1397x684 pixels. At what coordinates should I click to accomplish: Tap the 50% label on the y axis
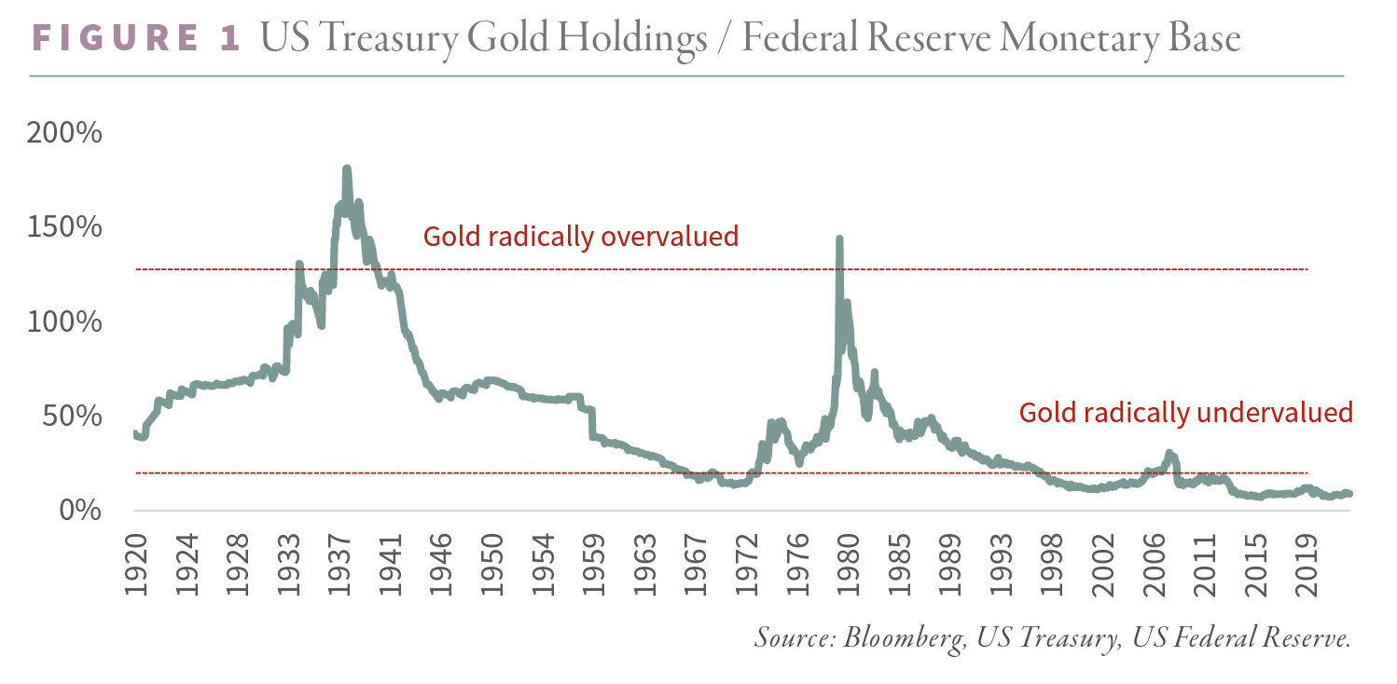(x=71, y=417)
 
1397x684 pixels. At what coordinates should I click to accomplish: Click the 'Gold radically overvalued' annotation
(x=581, y=237)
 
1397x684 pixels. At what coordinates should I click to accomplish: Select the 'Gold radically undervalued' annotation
(x=1185, y=413)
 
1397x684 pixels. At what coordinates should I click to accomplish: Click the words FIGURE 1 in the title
(x=136, y=38)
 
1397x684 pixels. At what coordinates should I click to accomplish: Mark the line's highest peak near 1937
(x=346, y=170)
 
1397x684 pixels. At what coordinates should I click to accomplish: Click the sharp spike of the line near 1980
(x=839, y=239)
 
